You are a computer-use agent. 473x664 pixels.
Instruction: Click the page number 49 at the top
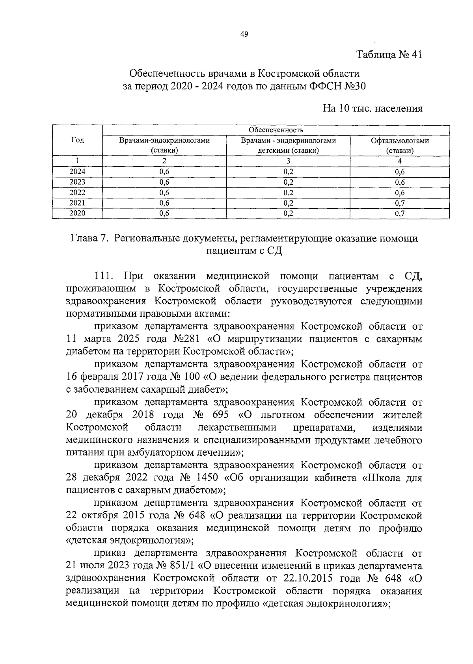tap(244, 35)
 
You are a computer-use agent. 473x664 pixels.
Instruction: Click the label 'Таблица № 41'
tap(389, 55)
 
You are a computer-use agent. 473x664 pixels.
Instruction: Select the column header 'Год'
tap(77, 141)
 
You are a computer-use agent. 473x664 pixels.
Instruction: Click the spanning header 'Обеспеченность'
tap(276, 130)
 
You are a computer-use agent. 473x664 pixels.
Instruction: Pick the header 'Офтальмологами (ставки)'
tap(400, 145)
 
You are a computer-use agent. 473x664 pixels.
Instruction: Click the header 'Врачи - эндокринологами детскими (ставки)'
tap(288, 145)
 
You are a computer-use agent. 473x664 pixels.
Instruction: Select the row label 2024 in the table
tap(77, 172)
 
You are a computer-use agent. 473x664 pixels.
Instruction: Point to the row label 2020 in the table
tap(77, 213)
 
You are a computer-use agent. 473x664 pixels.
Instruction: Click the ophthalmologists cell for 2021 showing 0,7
tap(400, 203)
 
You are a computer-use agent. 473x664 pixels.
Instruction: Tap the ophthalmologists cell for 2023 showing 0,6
tap(400, 182)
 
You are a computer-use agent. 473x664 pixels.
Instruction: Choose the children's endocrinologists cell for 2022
tap(288, 193)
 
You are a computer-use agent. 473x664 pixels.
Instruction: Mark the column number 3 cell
tap(288, 161)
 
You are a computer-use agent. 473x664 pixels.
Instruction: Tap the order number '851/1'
tap(182, 566)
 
